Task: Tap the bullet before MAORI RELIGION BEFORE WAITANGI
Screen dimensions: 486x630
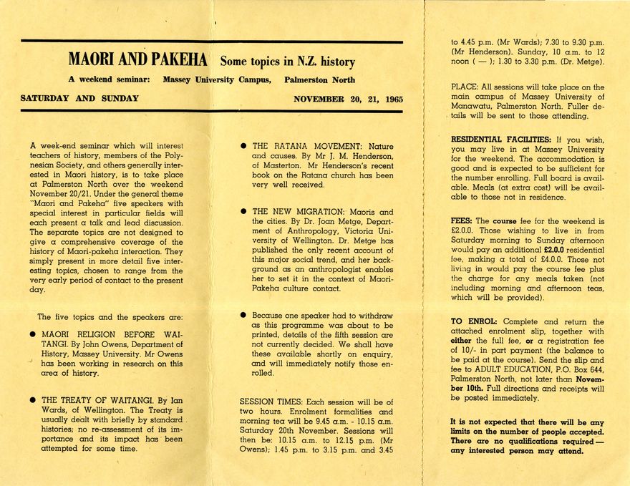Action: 33,334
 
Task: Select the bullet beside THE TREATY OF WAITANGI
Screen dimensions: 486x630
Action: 33,401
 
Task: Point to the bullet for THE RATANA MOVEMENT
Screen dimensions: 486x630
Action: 244,146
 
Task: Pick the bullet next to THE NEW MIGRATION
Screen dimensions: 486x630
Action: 244,212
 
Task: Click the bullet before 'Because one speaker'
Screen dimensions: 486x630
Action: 244,315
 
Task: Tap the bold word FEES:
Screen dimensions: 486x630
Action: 462,220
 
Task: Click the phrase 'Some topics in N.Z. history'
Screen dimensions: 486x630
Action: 287,62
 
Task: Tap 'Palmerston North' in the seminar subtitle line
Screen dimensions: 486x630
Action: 319,80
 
